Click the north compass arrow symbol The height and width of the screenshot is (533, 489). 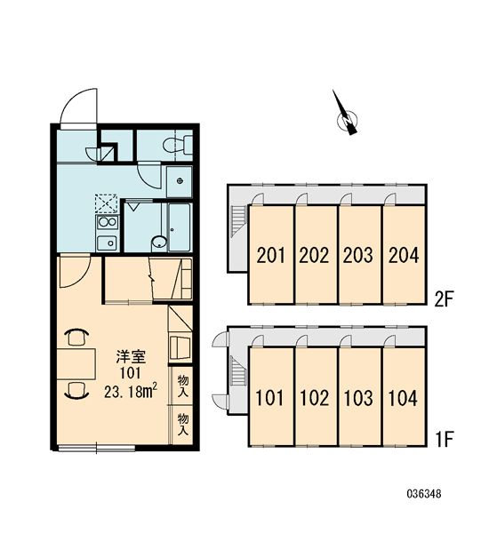[346, 115]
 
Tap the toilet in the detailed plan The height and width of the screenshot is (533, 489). [178, 145]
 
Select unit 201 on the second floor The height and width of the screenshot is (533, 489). [271, 255]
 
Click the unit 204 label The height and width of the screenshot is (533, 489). [404, 255]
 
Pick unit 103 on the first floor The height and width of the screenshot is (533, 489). [360, 396]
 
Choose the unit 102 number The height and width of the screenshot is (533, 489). [315, 398]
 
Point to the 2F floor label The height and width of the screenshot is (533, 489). [444, 299]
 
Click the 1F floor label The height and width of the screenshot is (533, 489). [444, 439]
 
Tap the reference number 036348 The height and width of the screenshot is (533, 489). [424, 494]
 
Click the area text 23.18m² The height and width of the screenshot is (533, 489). [131, 392]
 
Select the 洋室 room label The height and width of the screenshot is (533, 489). [131, 357]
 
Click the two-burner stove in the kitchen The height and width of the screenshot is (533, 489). [108, 223]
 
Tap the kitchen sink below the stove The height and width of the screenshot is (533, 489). [108, 243]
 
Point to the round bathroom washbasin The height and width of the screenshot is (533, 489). [159, 243]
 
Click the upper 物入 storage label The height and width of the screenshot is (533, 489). [183, 386]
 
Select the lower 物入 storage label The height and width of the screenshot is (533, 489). [183, 425]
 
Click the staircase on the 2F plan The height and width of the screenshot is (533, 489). [238, 220]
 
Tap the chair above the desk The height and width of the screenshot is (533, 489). [76, 337]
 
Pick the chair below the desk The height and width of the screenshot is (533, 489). [76, 390]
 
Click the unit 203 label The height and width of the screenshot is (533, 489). [358, 255]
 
